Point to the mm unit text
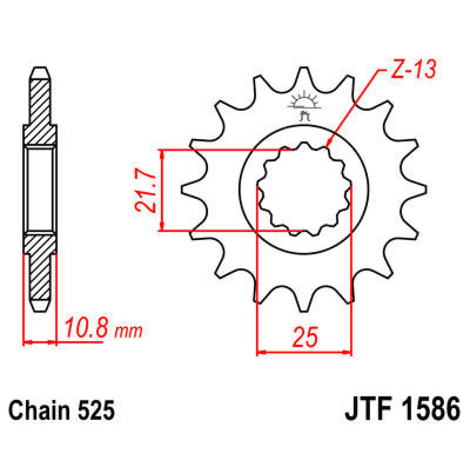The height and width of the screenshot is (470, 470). coord(128,332)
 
